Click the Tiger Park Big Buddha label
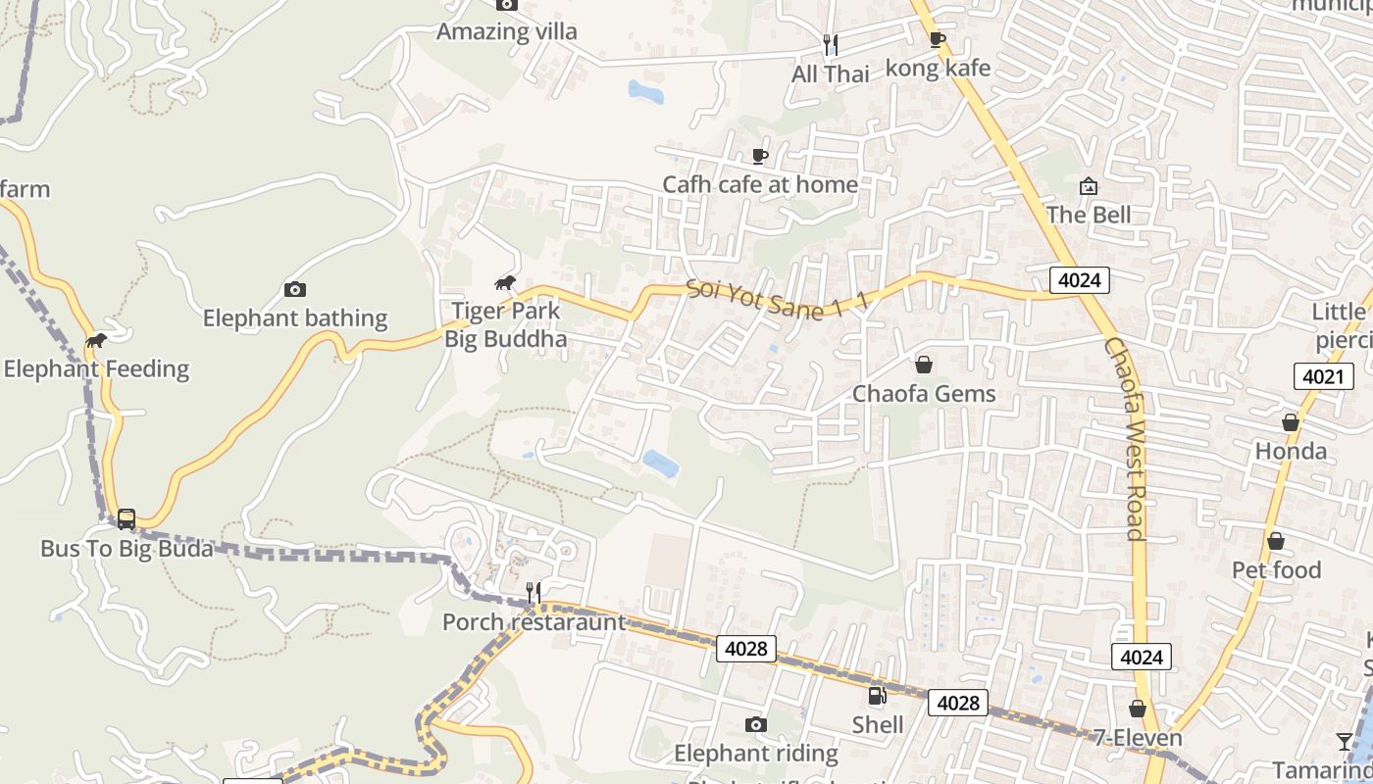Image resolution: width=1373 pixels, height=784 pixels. [505, 325]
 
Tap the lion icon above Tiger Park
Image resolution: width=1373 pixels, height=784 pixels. [505, 283]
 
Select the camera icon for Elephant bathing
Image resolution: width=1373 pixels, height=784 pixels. [294, 289]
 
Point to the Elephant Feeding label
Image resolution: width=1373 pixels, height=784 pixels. [96, 369]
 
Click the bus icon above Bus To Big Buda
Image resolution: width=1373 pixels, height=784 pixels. [127, 518]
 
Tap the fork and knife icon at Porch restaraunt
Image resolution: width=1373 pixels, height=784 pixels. [533, 592]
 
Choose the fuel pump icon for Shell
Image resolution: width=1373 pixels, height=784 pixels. [877, 696]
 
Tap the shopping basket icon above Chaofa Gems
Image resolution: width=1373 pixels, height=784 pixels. [923, 365]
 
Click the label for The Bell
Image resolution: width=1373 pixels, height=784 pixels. [1089, 215]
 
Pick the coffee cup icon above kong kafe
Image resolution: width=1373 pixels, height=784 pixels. [938, 39]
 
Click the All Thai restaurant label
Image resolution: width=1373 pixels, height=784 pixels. [831, 73]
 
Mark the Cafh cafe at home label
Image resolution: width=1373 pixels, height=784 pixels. [760, 184]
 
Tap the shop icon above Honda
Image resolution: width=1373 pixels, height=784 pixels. [1291, 422]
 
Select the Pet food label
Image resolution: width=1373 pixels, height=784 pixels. [1276, 569]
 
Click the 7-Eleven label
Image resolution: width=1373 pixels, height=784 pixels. [1139, 738]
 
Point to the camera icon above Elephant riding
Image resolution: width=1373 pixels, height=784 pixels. [755, 724]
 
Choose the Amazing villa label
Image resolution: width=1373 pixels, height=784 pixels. [506, 31]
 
